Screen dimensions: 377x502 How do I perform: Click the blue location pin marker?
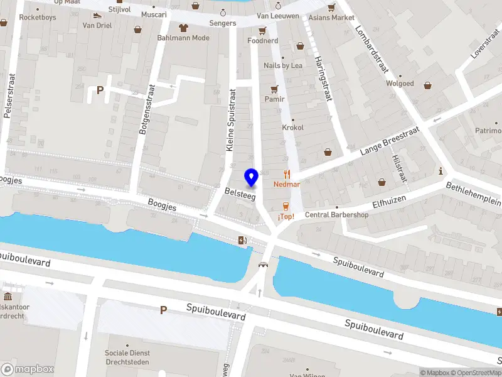tap(251, 178)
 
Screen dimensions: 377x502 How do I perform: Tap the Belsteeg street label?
tap(240, 197)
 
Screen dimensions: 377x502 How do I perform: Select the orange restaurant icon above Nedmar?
tap(287, 174)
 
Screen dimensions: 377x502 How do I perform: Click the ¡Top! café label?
tap(286, 217)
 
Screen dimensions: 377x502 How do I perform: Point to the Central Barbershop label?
tap(336, 215)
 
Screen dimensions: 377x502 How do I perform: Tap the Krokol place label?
tap(292, 128)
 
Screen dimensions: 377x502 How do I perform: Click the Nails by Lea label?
tap(283, 65)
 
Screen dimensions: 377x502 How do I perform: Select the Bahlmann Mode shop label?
tap(183, 38)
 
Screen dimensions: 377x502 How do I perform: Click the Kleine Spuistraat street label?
tap(230, 119)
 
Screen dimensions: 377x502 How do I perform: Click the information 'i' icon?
tap(441, 171)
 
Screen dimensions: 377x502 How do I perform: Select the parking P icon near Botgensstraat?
tap(100, 90)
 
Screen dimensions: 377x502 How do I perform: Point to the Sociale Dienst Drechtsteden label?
tap(128, 358)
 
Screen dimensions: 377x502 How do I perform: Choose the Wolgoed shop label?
tap(400, 84)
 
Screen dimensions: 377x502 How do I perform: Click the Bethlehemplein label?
tap(474, 194)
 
